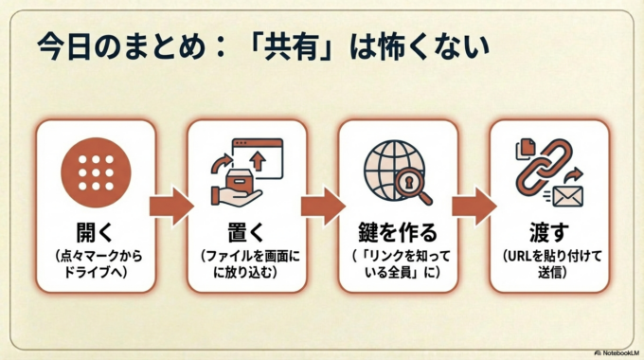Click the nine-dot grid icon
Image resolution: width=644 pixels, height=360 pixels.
[x=95, y=172]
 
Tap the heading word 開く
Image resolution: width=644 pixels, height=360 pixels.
[x=95, y=231]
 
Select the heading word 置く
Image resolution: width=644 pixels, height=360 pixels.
[x=246, y=231]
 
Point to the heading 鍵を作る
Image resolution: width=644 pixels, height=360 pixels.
[x=397, y=231]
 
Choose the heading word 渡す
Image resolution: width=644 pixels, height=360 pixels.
[x=548, y=231]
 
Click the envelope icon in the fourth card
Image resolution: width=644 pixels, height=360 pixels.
[x=569, y=195]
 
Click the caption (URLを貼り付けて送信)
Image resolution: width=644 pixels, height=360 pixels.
[x=548, y=265]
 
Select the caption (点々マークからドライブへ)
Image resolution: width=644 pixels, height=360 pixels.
[x=95, y=265]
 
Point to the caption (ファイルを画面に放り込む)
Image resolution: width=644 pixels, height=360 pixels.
[x=246, y=265]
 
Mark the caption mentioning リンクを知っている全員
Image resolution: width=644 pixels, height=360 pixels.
[x=397, y=265]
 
